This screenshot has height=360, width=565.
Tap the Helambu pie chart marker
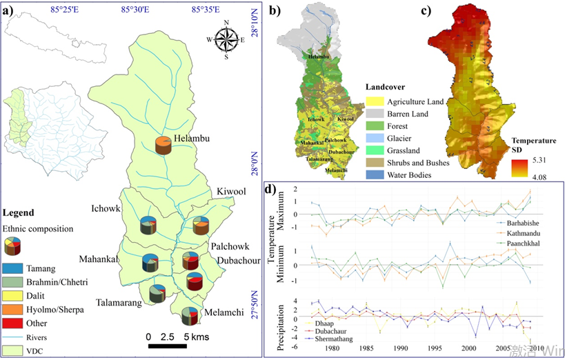click(x=163, y=146)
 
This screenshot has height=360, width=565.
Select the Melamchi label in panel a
click(x=224, y=312)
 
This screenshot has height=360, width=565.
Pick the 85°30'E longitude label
click(x=136, y=9)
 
